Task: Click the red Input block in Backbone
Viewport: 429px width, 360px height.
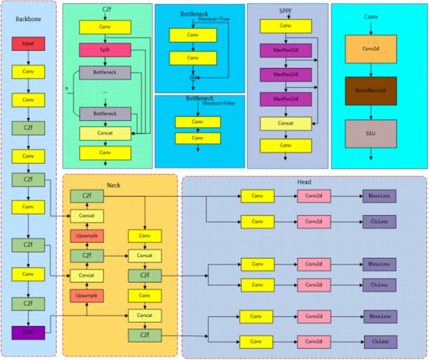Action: [x=28, y=43]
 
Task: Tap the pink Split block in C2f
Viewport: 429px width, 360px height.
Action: [x=105, y=49]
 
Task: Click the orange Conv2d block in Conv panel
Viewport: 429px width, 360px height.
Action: [x=371, y=49]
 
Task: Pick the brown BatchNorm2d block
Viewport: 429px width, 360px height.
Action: [x=371, y=91]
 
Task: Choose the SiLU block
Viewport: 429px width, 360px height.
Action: [x=371, y=133]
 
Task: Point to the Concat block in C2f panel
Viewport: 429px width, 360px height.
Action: [x=105, y=133]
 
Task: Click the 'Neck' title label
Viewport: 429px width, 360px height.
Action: [x=113, y=185]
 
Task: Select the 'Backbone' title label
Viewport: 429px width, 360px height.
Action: [x=28, y=19]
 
